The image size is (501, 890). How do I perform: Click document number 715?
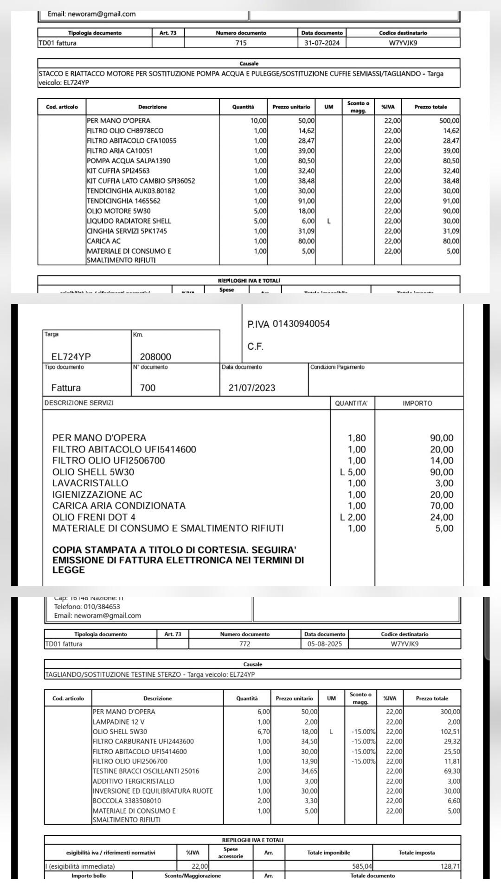(241, 43)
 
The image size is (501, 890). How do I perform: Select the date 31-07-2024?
(322, 43)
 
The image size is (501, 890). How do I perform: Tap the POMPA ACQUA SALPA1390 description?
(128, 161)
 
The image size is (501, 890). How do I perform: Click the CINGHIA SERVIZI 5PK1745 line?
(127, 231)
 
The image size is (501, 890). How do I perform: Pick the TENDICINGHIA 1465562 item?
(123, 201)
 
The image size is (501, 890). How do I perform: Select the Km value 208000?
(155, 356)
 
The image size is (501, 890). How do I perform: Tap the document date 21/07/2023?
(252, 388)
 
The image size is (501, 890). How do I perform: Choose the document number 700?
(148, 388)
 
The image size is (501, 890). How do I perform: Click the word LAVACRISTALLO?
(90, 483)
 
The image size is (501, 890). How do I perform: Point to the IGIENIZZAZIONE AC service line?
(97, 495)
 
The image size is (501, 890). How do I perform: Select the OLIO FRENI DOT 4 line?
(94, 517)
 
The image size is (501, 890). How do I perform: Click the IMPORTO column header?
(417, 403)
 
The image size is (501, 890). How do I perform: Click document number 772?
(244, 644)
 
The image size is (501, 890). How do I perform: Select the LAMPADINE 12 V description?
(118, 722)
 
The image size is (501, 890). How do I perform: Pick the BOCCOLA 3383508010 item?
(127, 801)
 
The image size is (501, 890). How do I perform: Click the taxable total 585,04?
(362, 866)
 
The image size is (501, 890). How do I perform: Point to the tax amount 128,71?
(450, 866)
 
